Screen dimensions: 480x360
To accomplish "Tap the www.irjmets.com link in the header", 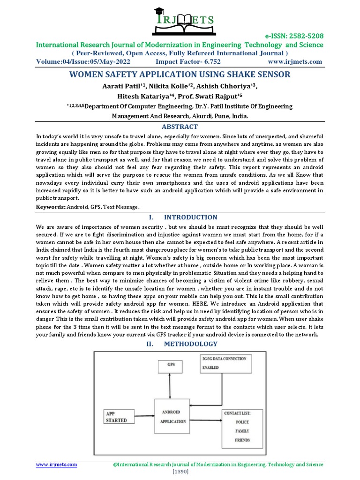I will coord(295,62).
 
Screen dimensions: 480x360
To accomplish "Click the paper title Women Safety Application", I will coord(180,75).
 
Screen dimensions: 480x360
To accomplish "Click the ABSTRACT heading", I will coord(180,127).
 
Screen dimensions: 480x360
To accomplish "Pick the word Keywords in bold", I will coord(51,207).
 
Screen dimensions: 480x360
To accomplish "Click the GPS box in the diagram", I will coord(172,364).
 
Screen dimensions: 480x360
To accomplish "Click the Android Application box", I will coord(173,416).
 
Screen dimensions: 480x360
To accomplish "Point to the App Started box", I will coord(121,417).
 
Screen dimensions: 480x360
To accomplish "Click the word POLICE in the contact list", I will coord(243,422).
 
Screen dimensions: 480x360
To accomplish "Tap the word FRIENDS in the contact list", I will coord(243,440).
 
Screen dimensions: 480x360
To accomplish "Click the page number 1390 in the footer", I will coord(180,472).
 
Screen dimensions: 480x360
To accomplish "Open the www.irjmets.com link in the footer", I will coord(57,465).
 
